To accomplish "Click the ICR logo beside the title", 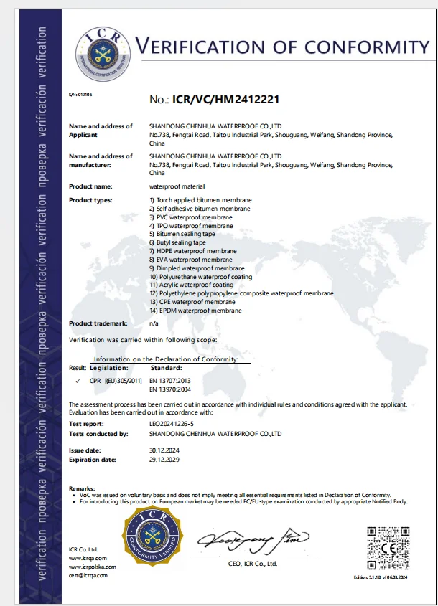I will point(104,48).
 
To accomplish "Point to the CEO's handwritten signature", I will point(256,538).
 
